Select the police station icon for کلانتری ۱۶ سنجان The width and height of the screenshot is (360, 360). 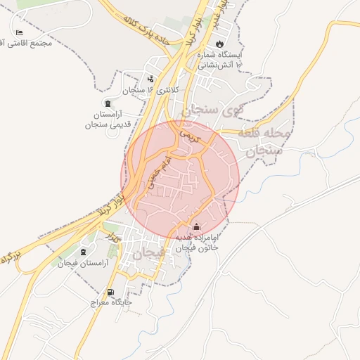(150, 79)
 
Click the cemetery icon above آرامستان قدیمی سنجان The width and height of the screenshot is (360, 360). (107, 103)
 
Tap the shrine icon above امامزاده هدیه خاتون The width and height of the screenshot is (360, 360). (196, 227)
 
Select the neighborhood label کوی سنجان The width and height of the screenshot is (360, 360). (211, 110)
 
